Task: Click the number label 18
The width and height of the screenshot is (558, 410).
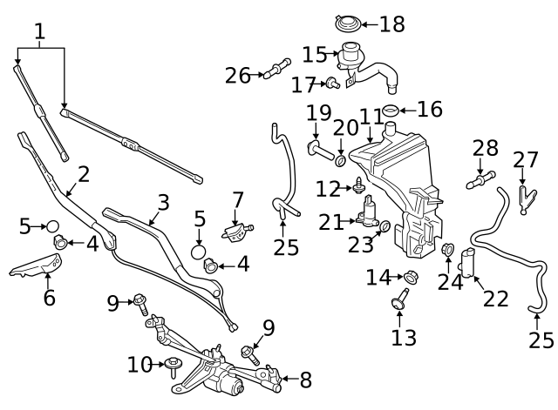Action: coord(391,24)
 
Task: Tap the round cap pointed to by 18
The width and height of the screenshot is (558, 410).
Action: coord(347,24)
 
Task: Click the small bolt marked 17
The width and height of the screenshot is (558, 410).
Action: coord(333,84)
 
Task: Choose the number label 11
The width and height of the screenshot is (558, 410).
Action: coord(371,117)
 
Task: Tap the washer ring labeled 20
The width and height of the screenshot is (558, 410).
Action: coord(340,161)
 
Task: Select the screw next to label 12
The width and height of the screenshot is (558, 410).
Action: coord(358,185)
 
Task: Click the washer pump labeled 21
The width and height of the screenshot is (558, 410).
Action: coord(369,212)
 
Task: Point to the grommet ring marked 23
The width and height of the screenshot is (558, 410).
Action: coord(384,228)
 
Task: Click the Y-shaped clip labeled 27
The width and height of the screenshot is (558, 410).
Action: coord(522,196)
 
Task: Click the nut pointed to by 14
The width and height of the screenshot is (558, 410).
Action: coord(412,278)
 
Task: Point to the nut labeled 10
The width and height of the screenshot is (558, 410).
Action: coord(172,363)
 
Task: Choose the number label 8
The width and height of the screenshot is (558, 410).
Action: coord(305,380)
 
